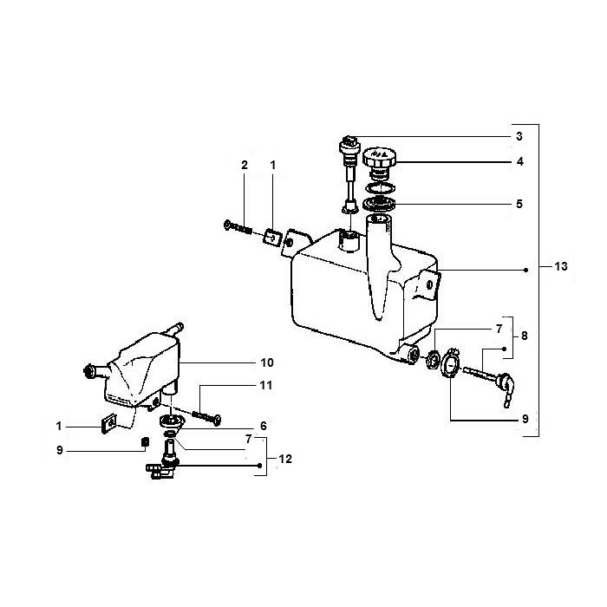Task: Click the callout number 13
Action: (x=561, y=267)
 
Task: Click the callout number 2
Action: (x=245, y=165)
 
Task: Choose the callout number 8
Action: (x=524, y=334)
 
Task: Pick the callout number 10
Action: (x=267, y=362)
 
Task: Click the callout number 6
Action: (x=263, y=426)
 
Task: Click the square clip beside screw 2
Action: (x=271, y=234)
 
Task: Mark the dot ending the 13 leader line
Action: (x=527, y=271)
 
